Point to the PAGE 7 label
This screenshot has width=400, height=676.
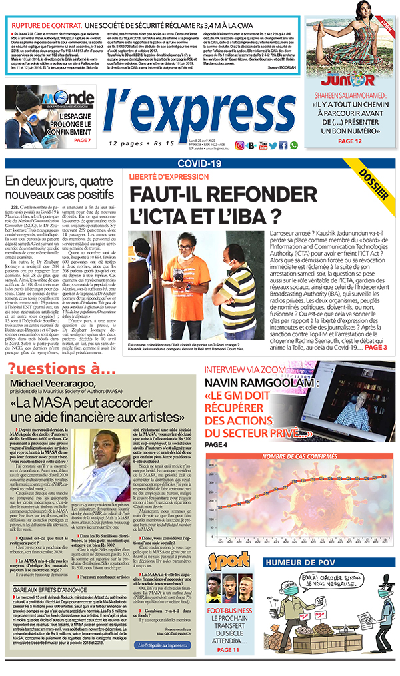[81, 141]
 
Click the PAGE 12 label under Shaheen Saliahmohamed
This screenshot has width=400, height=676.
[349, 141]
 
